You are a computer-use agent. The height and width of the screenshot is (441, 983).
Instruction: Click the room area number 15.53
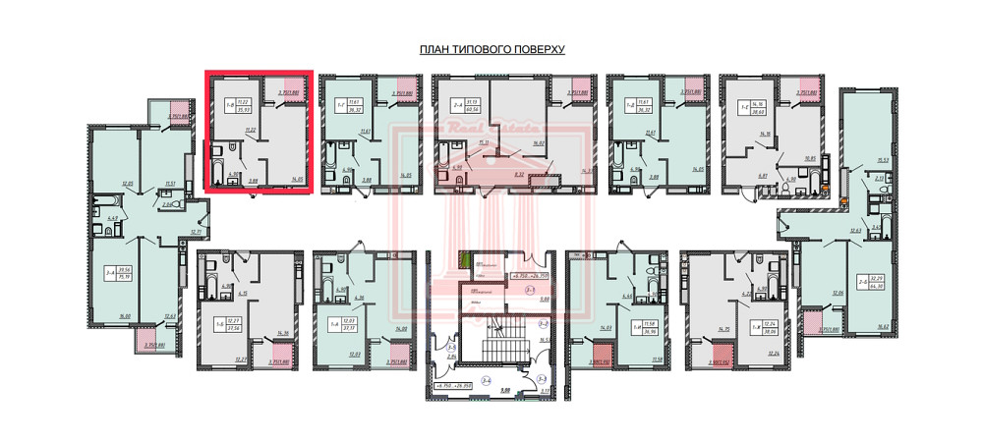point(854,160)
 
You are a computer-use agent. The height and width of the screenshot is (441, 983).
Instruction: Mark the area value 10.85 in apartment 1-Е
point(810,157)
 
